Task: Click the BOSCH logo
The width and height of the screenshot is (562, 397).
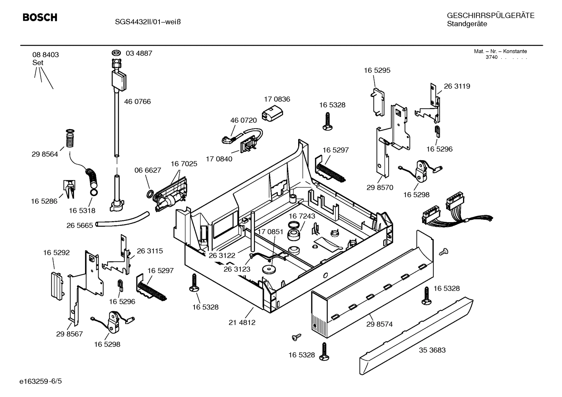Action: pos(40,18)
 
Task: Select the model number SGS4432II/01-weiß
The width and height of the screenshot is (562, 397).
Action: pos(148,22)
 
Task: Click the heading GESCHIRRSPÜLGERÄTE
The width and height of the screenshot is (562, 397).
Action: pos(490,16)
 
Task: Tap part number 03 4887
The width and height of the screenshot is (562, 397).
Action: pos(139,53)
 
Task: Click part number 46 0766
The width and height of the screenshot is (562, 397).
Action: pos(137,102)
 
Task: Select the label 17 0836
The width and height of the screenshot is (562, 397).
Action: pos(277,99)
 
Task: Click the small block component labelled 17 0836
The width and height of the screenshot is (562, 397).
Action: pos(272,113)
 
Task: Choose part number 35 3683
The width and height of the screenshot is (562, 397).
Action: pos(432,350)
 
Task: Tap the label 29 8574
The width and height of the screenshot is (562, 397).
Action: pos(379,324)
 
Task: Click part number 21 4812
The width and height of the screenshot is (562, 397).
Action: pos(242,323)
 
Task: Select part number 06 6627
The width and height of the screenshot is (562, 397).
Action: pos(148,170)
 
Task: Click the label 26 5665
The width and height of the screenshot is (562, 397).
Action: pos(80,226)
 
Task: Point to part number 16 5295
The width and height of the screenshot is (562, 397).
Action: pos(377,71)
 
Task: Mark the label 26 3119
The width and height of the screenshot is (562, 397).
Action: pos(457,86)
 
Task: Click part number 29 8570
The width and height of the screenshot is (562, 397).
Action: pos(380,187)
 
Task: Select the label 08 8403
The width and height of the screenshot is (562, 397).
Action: pos(46,55)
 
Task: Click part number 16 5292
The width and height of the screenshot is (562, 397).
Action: pos(57,253)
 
